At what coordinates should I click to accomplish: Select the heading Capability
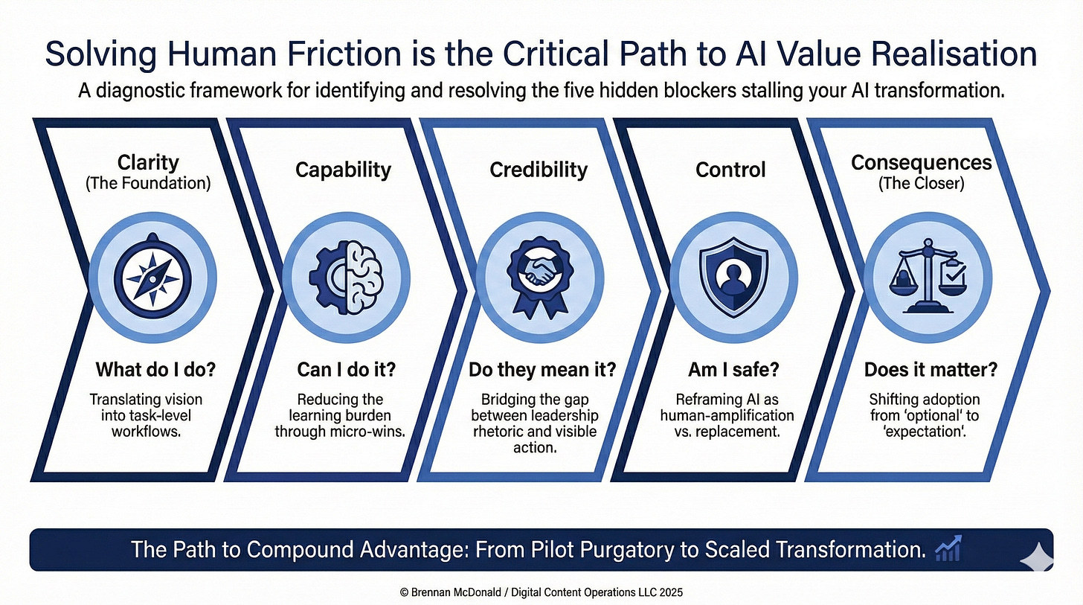click(x=343, y=170)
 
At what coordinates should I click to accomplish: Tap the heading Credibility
click(x=539, y=170)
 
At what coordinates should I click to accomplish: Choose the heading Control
click(x=730, y=170)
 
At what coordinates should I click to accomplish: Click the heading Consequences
click(x=922, y=162)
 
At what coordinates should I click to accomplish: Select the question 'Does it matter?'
click(x=920, y=369)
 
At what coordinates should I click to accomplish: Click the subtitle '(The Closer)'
click(x=922, y=184)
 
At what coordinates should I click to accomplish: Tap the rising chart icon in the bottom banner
click(x=948, y=550)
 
